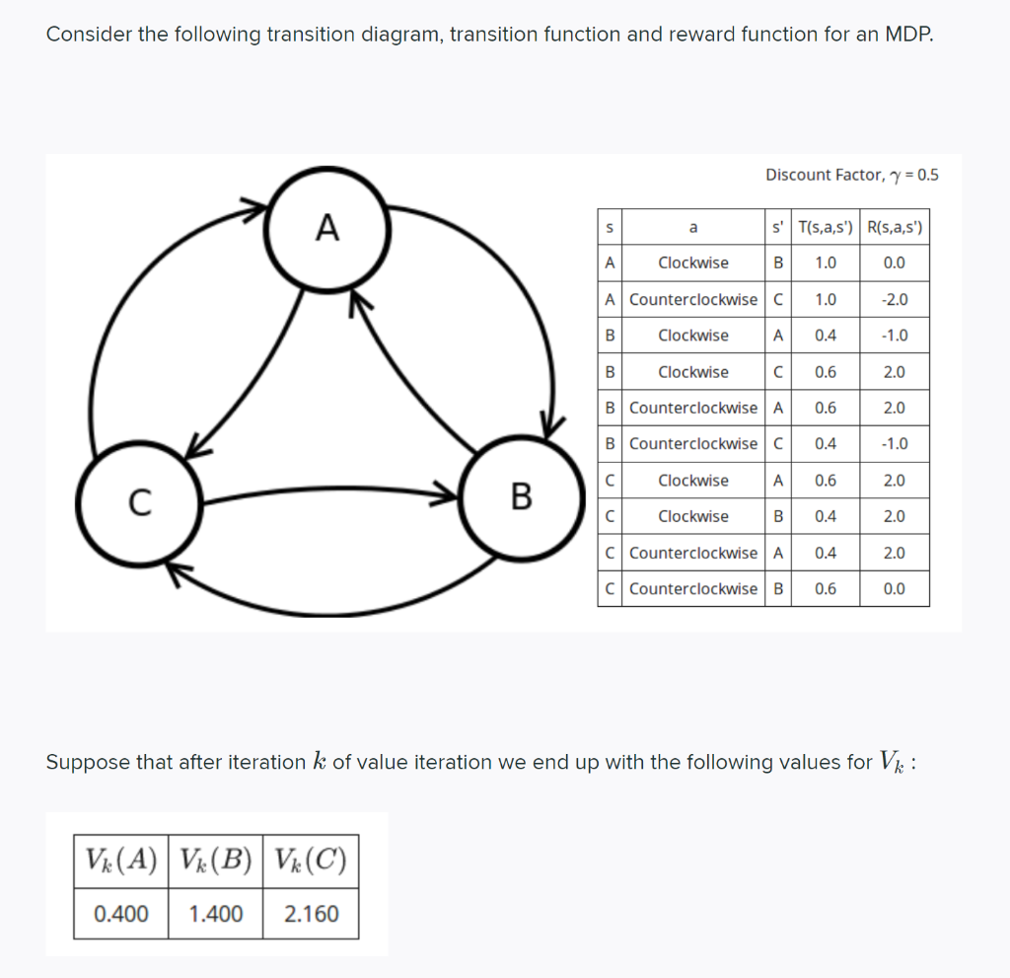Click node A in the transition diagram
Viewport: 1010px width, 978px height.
pyautogui.click(x=326, y=229)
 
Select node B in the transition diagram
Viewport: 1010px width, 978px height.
pyautogui.click(x=522, y=494)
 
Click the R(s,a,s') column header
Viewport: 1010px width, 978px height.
pyautogui.click(x=894, y=227)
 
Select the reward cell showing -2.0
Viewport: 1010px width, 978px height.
pyautogui.click(x=894, y=299)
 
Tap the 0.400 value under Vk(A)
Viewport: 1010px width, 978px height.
pyautogui.click(x=121, y=914)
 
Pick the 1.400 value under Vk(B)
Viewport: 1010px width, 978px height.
pyautogui.click(x=215, y=914)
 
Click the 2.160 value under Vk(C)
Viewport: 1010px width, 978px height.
pyautogui.click(x=311, y=914)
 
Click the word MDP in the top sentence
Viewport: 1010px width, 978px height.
pyautogui.click(x=907, y=35)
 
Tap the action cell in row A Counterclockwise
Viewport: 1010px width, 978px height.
pyautogui.click(x=693, y=299)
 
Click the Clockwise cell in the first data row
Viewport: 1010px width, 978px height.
pyautogui.click(x=693, y=263)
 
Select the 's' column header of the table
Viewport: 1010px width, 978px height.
pyautogui.click(x=610, y=227)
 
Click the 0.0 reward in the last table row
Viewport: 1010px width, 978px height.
pyautogui.click(x=894, y=589)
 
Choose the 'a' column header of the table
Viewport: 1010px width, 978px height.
pyautogui.click(x=693, y=227)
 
